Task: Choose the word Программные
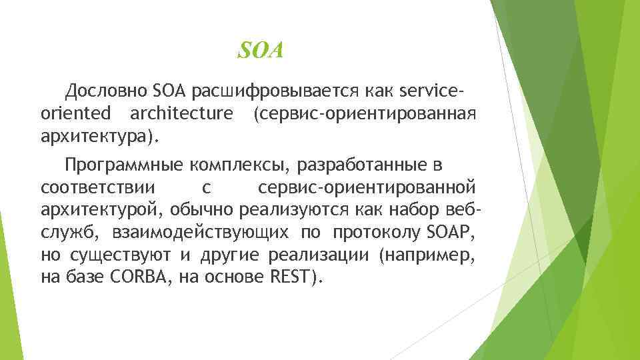tap(123, 165)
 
